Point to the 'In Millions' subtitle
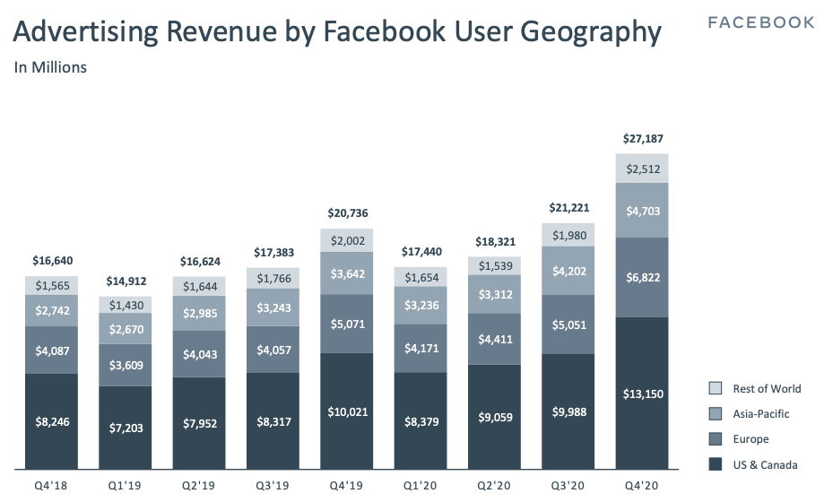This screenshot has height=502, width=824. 50,67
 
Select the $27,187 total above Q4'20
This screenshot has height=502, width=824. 641,139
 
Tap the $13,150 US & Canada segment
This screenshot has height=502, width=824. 641,393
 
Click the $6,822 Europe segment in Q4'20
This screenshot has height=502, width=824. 641,278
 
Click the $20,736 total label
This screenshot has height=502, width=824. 347,213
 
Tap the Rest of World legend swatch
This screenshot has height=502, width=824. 715,389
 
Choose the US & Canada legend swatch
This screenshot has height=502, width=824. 715,464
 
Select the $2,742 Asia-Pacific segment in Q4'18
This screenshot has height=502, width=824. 51,310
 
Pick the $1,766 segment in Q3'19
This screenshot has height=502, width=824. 273,279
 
